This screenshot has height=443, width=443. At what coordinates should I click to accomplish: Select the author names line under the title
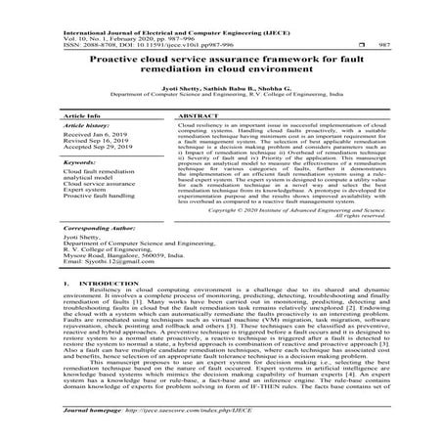(x=221, y=90)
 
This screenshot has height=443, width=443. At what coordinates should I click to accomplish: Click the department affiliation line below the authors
(x=221, y=98)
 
